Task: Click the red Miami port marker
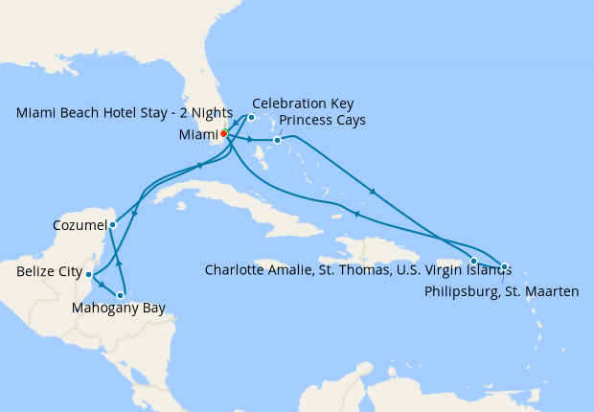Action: pos(223,134)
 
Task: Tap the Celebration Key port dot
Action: pos(251,118)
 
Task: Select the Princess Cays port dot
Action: pos(277,141)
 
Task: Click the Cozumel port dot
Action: pos(113,225)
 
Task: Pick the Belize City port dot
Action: pos(89,274)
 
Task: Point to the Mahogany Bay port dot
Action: pos(120,295)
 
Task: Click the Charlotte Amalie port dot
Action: pos(473,261)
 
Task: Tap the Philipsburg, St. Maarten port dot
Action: pos(505,266)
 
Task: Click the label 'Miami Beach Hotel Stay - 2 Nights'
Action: pos(125,112)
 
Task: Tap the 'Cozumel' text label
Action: pos(79,226)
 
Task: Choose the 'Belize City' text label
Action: pos(49,273)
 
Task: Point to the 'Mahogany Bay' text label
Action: pos(119,309)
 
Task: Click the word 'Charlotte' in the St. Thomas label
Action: pos(236,269)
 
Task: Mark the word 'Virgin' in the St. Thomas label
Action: pos(435,269)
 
